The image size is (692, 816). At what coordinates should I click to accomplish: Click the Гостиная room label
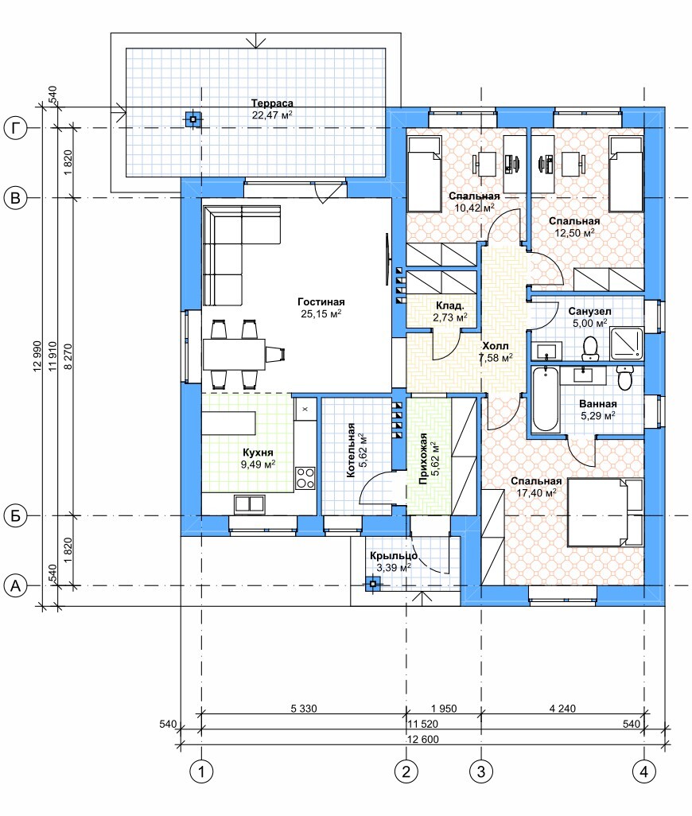coord(321,302)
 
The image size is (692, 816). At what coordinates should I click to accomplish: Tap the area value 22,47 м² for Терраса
coord(272,115)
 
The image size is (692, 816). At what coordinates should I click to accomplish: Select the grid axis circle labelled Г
coord(16,128)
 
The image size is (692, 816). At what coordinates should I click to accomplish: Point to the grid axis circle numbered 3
coord(480,771)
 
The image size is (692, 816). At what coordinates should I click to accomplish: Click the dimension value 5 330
coord(304,709)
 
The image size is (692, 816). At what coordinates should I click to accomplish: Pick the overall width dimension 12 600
coord(422,740)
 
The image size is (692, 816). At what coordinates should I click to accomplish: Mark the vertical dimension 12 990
coord(37,356)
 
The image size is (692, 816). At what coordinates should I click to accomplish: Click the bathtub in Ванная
coord(546,398)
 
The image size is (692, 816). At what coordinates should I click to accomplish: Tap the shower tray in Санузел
coord(627,344)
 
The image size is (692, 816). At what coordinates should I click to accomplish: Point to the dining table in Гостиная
coord(234,354)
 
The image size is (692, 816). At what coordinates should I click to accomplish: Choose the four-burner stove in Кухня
coord(305,478)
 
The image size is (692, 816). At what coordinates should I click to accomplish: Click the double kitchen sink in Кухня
coord(249,503)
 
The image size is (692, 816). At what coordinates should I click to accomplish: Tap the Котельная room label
coord(351,450)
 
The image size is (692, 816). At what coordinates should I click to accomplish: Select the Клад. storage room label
coord(449,306)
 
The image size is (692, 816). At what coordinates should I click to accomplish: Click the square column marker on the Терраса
coord(193,119)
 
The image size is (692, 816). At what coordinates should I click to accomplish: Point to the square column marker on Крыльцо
coord(372,584)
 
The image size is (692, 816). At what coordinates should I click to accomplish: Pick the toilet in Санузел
coord(590,348)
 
